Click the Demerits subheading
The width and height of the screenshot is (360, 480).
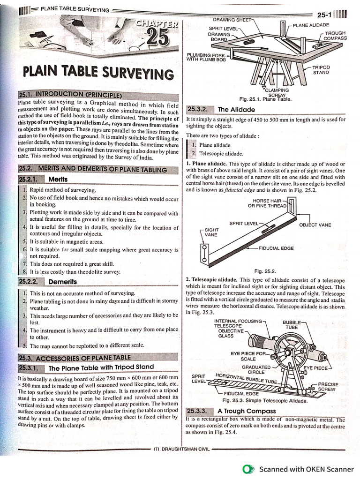point(62,282)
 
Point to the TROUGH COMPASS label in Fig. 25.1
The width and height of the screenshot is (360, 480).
point(335,36)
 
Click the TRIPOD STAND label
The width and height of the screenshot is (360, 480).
point(321,70)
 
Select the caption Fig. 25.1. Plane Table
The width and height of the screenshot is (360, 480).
point(265,99)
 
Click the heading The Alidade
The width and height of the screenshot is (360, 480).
point(237,110)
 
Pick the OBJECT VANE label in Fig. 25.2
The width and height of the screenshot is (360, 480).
point(315,225)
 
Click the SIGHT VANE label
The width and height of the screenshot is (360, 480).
point(211,232)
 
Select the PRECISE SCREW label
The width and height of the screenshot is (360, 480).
point(327,386)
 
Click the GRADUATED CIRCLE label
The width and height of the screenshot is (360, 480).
point(256,369)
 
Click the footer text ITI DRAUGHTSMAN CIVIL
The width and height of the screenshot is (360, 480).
point(181,449)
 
